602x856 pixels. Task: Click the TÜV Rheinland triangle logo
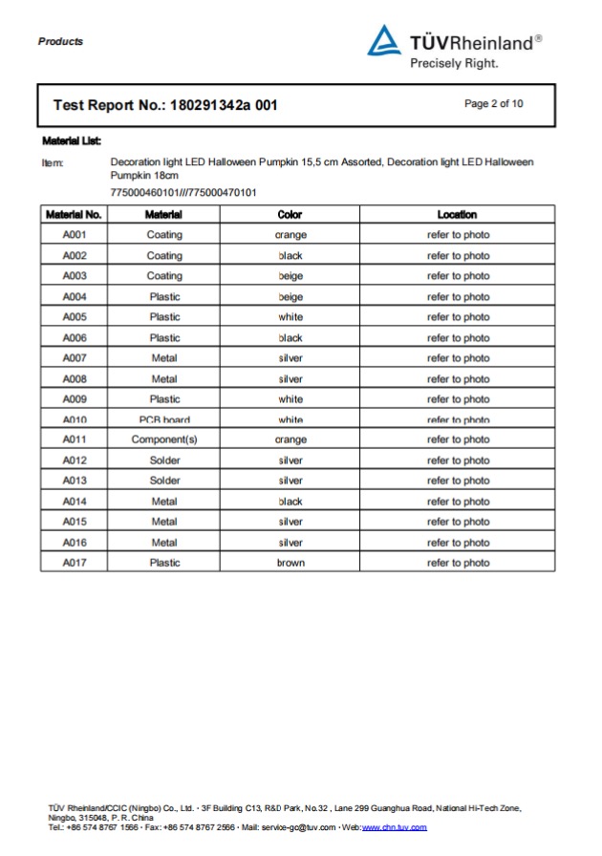coord(384,41)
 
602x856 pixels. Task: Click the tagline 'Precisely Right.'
coord(454,64)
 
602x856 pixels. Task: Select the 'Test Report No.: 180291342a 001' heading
coord(165,105)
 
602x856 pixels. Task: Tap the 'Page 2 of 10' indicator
coord(493,104)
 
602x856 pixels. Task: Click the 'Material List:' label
coord(72,141)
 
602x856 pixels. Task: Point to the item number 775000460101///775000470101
coord(183,193)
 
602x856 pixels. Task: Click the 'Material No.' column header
coord(74,215)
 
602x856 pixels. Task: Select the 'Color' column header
coord(290,215)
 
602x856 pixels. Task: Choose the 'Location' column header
coord(457,215)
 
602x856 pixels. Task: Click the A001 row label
coord(75,235)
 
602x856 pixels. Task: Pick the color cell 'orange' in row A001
coord(290,235)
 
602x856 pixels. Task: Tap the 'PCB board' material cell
coord(164,419)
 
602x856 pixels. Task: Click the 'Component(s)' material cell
coord(164,440)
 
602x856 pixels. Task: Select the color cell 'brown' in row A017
coord(290,563)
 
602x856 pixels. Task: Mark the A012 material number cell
coord(75,460)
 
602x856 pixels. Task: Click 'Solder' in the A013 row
coord(164,481)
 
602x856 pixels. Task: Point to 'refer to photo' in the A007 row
coord(458,358)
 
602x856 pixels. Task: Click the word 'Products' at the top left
coord(60,41)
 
